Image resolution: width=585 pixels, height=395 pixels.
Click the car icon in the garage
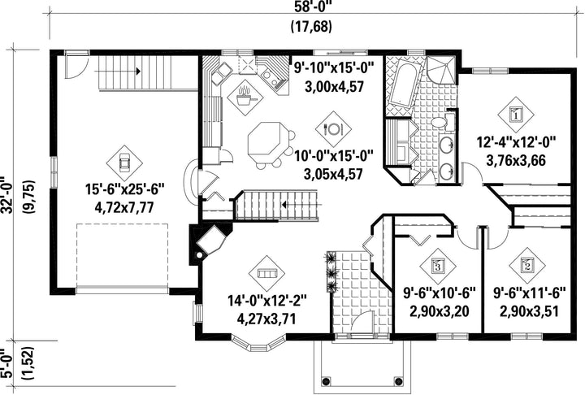pyautogui.click(x=124, y=163)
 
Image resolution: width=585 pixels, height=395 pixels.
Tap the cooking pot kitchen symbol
pyautogui.click(x=245, y=98)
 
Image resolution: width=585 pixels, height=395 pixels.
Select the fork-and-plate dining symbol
pyautogui.click(x=333, y=128)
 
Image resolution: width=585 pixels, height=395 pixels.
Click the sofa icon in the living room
pyautogui.click(x=266, y=273)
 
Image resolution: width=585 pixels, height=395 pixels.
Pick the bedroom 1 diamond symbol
pyautogui.click(x=516, y=115)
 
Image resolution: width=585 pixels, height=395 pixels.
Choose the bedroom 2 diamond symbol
pyautogui.click(x=526, y=266)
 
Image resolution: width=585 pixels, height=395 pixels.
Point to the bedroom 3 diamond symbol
pyautogui.click(x=438, y=266)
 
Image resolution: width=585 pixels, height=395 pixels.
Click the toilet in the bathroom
pyautogui.click(x=444, y=122)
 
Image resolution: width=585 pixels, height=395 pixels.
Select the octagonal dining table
pyautogui.click(x=266, y=140)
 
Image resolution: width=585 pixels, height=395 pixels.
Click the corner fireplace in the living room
pyautogui.click(x=208, y=243)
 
